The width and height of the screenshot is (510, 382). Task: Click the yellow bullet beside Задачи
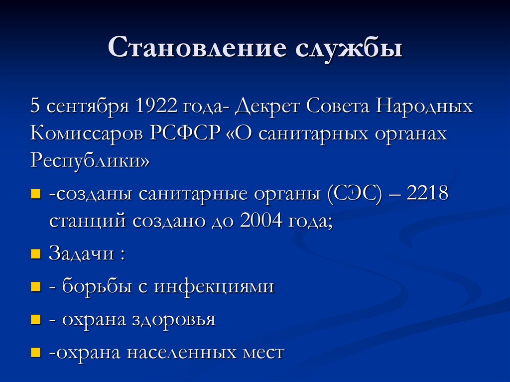click(x=35, y=255)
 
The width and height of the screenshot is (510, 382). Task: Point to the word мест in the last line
click(x=262, y=352)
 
